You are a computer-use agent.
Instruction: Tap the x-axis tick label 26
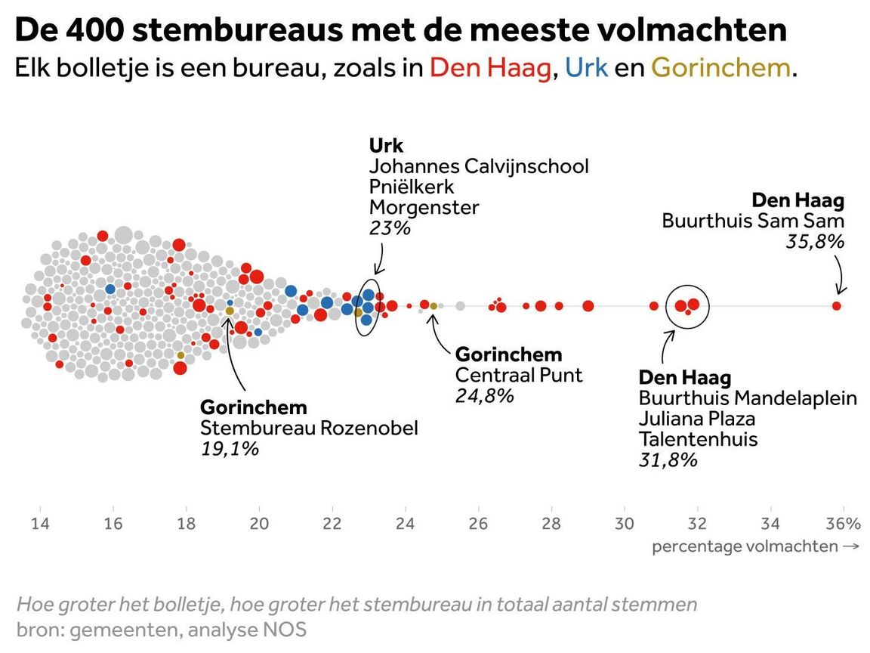coord(478,524)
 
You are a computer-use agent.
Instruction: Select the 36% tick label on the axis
coord(843,524)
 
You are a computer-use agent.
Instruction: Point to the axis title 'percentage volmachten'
coord(745,546)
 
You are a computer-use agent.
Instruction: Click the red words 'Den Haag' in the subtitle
coord(490,68)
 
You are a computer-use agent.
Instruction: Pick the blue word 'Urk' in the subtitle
coord(586,68)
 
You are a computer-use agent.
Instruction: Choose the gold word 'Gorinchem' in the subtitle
coord(721,68)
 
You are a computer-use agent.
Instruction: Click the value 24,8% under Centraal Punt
coord(484,395)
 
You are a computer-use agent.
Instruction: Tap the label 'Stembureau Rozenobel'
coord(309,428)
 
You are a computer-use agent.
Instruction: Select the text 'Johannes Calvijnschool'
coord(479,166)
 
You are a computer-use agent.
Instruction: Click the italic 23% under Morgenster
coord(390,227)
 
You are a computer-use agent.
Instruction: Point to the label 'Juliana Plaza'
coord(697,418)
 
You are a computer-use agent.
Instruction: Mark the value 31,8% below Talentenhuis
coord(668,460)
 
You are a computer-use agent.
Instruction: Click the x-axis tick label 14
coord(40,524)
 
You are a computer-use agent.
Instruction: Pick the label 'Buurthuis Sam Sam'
coord(753,221)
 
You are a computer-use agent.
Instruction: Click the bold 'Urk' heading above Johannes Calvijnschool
coord(386,144)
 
